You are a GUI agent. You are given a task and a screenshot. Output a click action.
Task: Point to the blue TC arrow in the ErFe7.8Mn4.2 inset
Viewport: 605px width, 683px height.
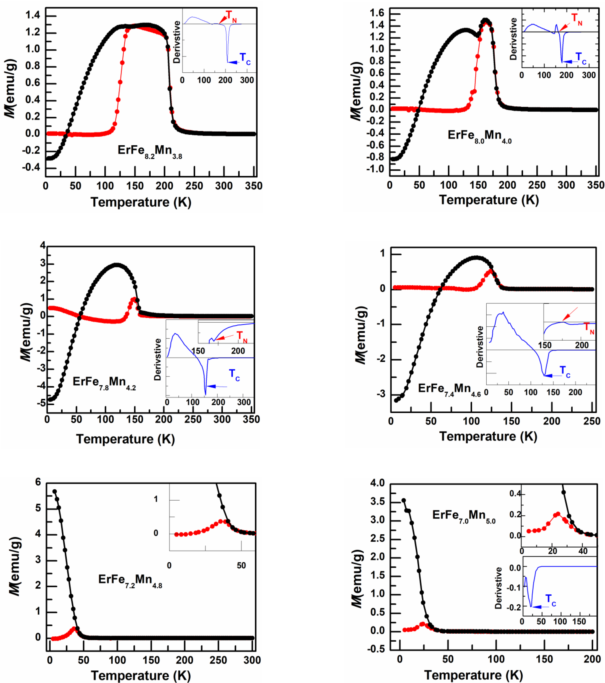[x=217, y=387]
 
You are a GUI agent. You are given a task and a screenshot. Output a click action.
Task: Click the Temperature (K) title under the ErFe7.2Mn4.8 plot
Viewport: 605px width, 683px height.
[x=141, y=675]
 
